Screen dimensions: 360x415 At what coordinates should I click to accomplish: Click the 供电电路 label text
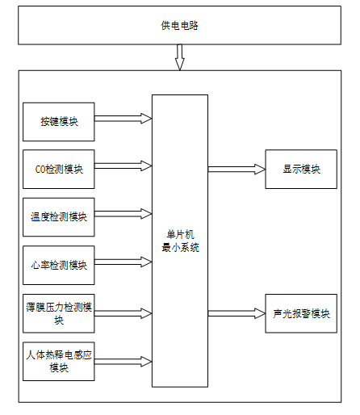point(179,25)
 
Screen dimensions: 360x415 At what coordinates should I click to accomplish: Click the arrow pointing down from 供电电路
point(180,57)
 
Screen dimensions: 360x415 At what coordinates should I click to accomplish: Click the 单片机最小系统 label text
point(180,241)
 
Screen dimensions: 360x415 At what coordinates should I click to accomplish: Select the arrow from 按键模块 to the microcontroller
point(123,119)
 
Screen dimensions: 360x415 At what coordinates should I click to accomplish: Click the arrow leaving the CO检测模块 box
point(123,166)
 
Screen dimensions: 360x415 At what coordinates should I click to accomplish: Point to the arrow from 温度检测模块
point(123,214)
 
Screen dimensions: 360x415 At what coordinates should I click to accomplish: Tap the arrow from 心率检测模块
point(123,262)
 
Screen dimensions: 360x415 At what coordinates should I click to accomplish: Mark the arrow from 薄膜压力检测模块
point(123,313)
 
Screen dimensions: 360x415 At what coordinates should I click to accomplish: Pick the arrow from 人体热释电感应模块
point(123,362)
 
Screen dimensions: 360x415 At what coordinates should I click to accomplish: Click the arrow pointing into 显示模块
point(237,169)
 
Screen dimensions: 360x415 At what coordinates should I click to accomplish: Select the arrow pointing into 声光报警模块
point(237,313)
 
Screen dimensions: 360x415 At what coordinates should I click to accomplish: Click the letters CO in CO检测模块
point(40,170)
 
